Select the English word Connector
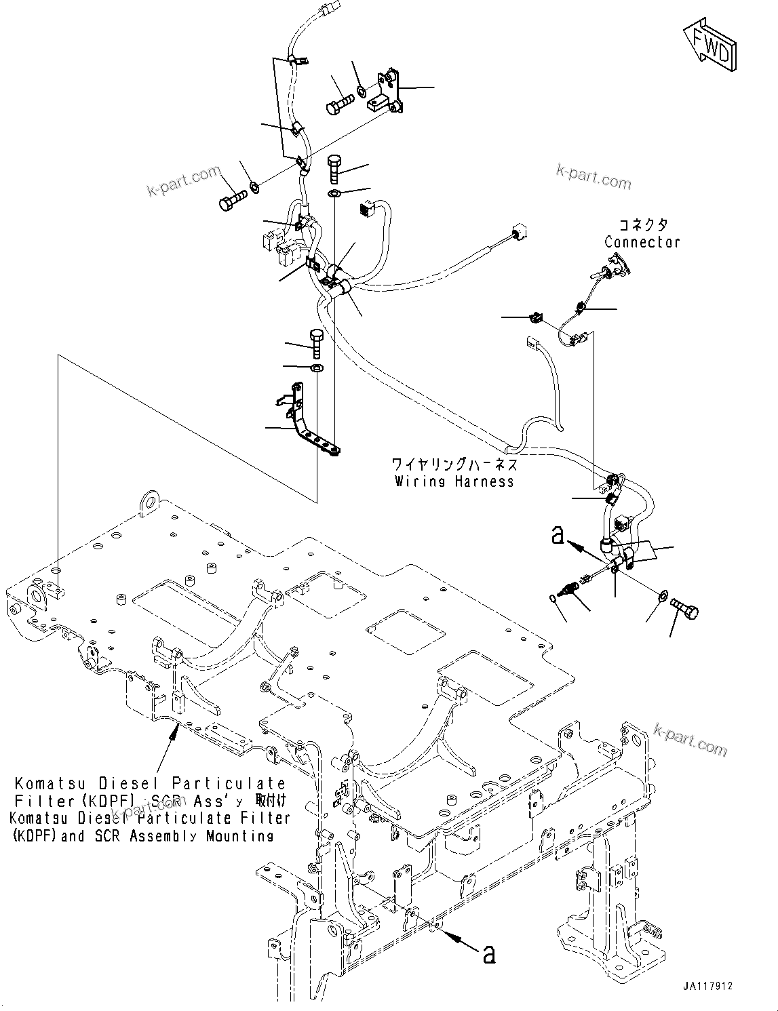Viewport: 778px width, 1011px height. coord(642,242)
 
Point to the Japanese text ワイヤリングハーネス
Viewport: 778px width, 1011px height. coord(454,464)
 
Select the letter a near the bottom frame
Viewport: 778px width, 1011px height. coord(488,955)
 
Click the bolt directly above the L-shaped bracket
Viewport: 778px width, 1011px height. coord(316,343)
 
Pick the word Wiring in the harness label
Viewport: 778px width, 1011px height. coord(417,481)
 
